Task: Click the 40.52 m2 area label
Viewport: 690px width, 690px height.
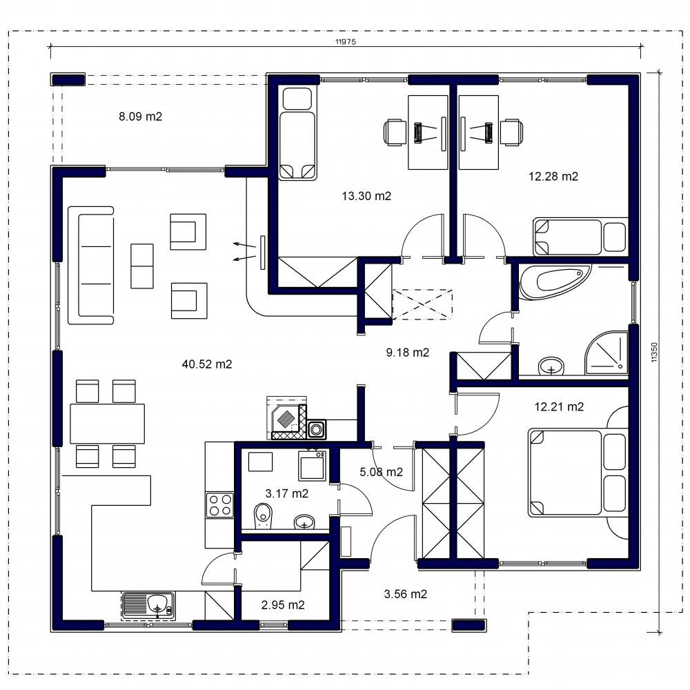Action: pyautogui.click(x=207, y=364)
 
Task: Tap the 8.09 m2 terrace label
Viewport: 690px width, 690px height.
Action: pyautogui.click(x=140, y=117)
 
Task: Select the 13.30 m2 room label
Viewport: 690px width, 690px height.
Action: pyautogui.click(x=366, y=196)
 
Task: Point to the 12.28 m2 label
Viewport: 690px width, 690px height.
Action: pyautogui.click(x=553, y=177)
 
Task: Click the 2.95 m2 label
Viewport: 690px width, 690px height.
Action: pyautogui.click(x=283, y=605)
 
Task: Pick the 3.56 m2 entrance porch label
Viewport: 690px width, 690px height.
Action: pyautogui.click(x=405, y=594)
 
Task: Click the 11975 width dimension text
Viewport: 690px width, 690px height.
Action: pyautogui.click(x=346, y=42)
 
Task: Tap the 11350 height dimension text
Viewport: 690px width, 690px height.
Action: pyautogui.click(x=654, y=352)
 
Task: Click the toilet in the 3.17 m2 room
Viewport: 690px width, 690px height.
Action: pyautogui.click(x=263, y=515)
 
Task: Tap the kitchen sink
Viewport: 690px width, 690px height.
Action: pyautogui.click(x=149, y=606)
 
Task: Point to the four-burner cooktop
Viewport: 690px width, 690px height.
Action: pyautogui.click(x=219, y=505)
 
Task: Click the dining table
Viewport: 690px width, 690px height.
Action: pyautogui.click(x=108, y=424)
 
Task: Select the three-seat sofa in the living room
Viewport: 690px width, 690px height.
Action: pyautogui.click(x=91, y=266)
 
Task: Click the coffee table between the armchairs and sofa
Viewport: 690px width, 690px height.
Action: pyautogui.click(x=142, y=266)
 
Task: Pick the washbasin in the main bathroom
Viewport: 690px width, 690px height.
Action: pyautogui.click(x=551, y=366)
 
